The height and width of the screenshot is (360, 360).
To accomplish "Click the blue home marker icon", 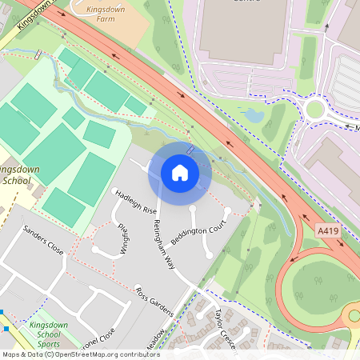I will click(180, 172).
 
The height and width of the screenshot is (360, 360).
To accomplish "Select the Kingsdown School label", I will click(16, 175).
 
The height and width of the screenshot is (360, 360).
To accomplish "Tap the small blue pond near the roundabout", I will click(254, 115).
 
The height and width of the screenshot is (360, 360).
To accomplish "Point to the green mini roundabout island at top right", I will click(316, 109).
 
